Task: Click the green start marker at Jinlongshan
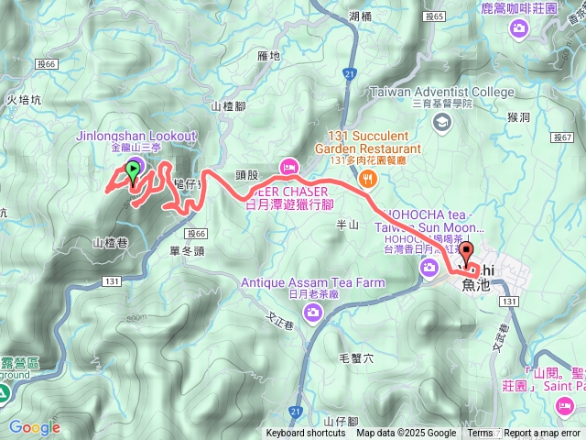(134, 170)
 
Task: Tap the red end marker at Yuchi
(466, 254)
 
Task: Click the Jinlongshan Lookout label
(135, 137)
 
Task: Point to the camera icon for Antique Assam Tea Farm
(313, 313)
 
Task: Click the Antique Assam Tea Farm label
(313, 282)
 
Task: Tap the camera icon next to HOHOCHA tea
(429, 268)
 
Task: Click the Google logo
(34, 427)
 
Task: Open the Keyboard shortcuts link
(306, 434)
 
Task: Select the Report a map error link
(542, 434)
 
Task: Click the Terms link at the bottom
(480, 434)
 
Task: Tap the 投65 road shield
(435, 16)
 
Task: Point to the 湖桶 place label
(361, 16)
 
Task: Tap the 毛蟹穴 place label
(357, 357)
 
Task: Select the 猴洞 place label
(518, 118)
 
